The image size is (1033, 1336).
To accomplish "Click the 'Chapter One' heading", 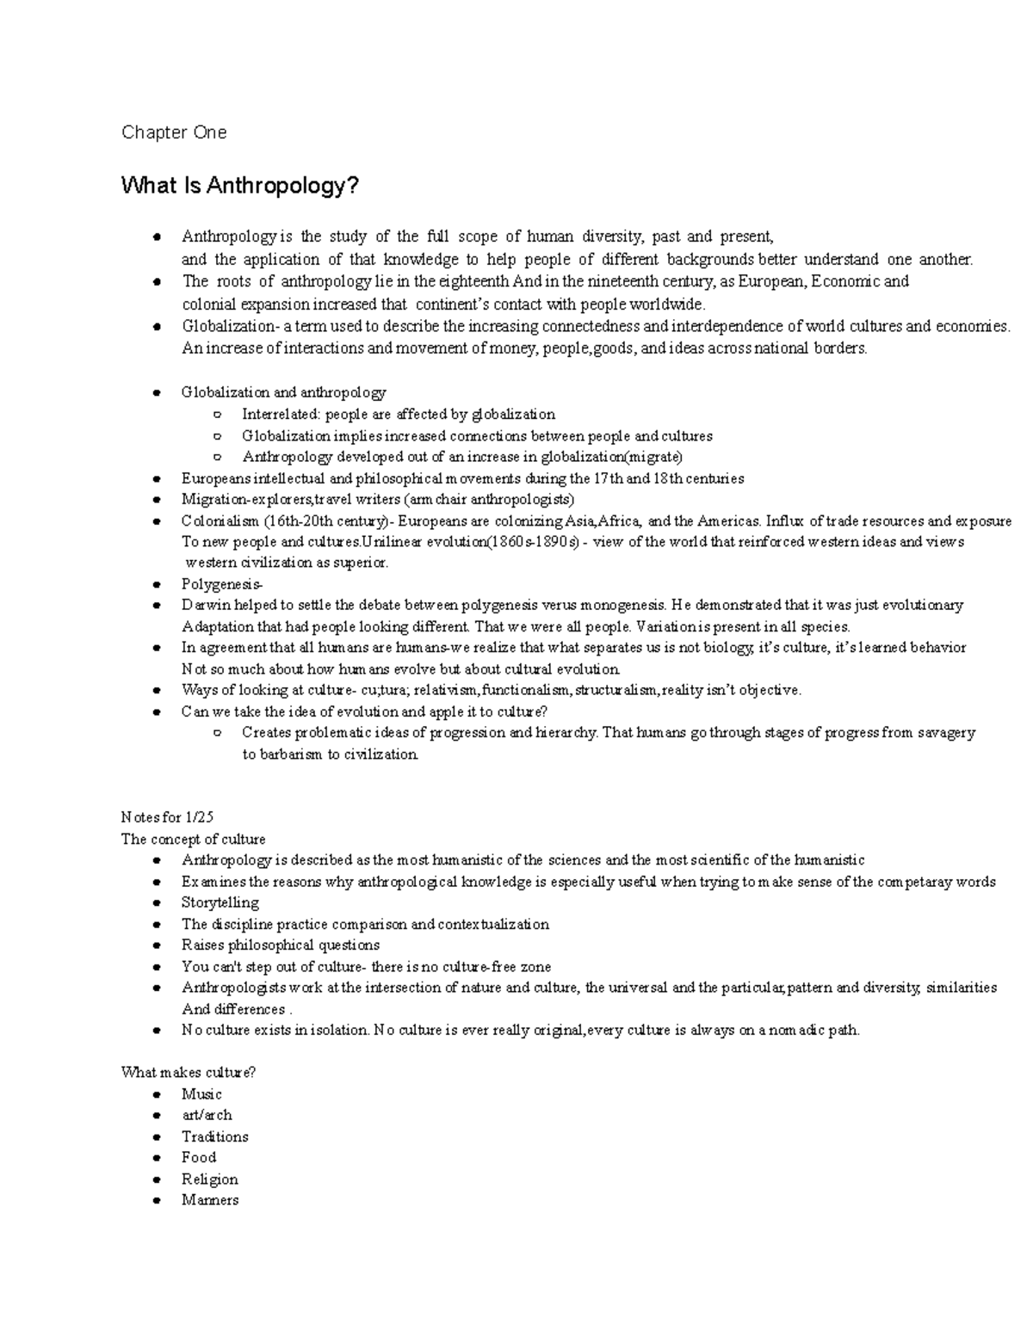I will tap(174, 132).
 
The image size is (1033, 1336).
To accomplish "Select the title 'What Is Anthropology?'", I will tap(239, 186).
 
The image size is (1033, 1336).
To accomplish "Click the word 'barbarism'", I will tap(293, 754).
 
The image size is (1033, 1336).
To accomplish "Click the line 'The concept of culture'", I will tap(194, 840).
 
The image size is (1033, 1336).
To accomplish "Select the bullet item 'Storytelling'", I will tap(220, 903).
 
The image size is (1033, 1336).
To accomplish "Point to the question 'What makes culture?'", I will tap(189, 1073).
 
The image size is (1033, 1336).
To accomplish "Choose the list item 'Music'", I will tap(201, 1094).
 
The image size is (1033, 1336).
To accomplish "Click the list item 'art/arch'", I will tap(207, 1116).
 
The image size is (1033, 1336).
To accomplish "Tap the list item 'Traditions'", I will tap(215, 1137).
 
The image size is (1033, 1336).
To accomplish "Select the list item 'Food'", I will tap(199, 1158).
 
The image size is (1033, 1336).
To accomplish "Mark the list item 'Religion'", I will tap(210, 1179).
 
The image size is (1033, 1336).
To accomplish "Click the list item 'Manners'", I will tap(210, 1200).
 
